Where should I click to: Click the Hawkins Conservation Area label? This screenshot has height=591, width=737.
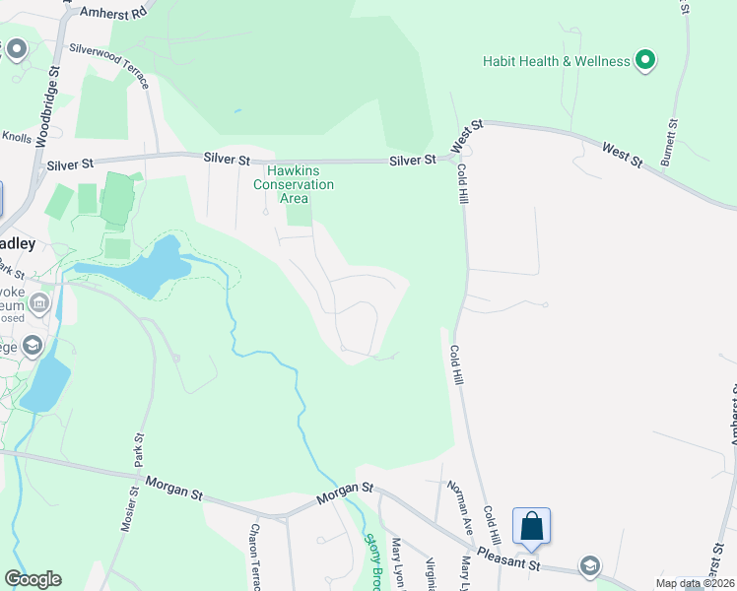[294, 184]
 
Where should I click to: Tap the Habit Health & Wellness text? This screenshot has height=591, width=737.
[556, 61]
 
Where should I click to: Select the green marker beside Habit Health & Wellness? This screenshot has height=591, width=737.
[645, 61]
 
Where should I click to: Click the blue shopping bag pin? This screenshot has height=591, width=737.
[532, 527]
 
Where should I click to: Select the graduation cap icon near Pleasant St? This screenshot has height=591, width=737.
[589, 565]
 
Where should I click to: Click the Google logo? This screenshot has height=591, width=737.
[33, 579]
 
